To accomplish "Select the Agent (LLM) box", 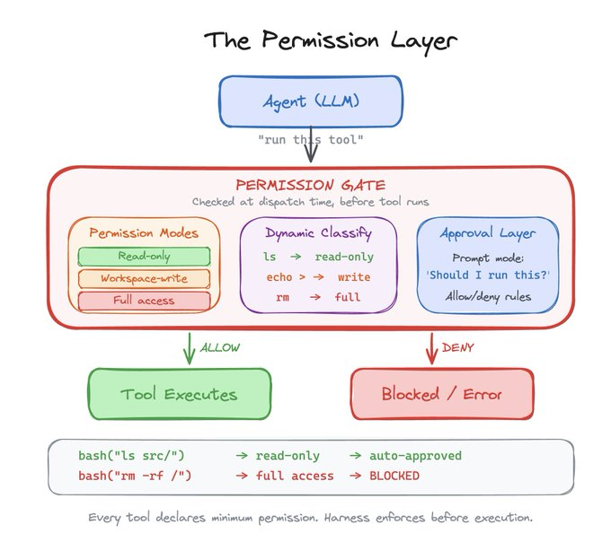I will (x=310, y=101).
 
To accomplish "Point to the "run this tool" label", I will (x=310, y=140).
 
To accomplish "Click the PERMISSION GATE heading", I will (x=310, y=184).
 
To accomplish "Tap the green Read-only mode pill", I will (x=144, y=257).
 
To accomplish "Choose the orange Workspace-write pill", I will (x=144, y=278).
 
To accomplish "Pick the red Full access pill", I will (x=144, y=300).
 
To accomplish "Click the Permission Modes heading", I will (x=144, y=233).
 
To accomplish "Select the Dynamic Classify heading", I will (x=318, y=233).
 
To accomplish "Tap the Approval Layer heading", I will (x=487, y=233).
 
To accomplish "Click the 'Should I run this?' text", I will (x=487, y=275).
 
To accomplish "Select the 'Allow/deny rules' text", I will (x=487, y=296).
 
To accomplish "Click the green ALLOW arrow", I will (x=189, y=347).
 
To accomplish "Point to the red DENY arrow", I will (x=431, y=347).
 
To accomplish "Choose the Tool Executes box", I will (x=179, y=394).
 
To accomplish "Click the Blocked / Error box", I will (x=441, y=394).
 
